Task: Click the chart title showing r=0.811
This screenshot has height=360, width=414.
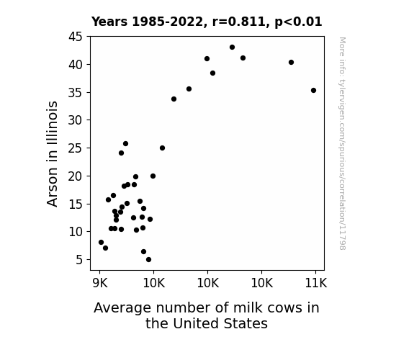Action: tap(207, 22)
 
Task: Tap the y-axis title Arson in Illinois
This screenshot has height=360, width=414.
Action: tap(52, 154)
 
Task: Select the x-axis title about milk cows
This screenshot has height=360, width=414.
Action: tap(207, 315)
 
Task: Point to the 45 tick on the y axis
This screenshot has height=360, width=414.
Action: tap(76, 37)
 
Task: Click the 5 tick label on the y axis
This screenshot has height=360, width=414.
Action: tap(79, 260)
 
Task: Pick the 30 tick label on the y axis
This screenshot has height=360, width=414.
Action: tap(76, 120)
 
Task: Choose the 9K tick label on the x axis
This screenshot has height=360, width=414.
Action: tap(100, 283)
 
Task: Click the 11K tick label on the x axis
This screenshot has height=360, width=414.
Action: tap(316, 283)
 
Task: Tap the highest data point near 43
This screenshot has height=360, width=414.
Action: tap(232, 48)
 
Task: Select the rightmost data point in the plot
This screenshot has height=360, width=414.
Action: tap(313, 90)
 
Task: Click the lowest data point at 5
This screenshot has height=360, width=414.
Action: tap(148, 260)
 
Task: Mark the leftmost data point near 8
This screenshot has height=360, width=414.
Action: tap(101, 242)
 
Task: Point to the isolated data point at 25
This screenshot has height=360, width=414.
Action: tap(163, 148)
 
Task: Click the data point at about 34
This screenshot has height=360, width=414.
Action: tap(174, 99)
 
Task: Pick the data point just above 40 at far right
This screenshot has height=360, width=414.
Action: tap(291, 63)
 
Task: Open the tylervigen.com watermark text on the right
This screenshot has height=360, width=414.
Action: tap(342, 143)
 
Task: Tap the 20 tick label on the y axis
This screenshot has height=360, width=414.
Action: tap(76, 176)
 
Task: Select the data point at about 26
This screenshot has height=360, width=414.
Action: tap(126, 144)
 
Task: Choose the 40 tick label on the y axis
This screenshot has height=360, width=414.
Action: tap(76, 65)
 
